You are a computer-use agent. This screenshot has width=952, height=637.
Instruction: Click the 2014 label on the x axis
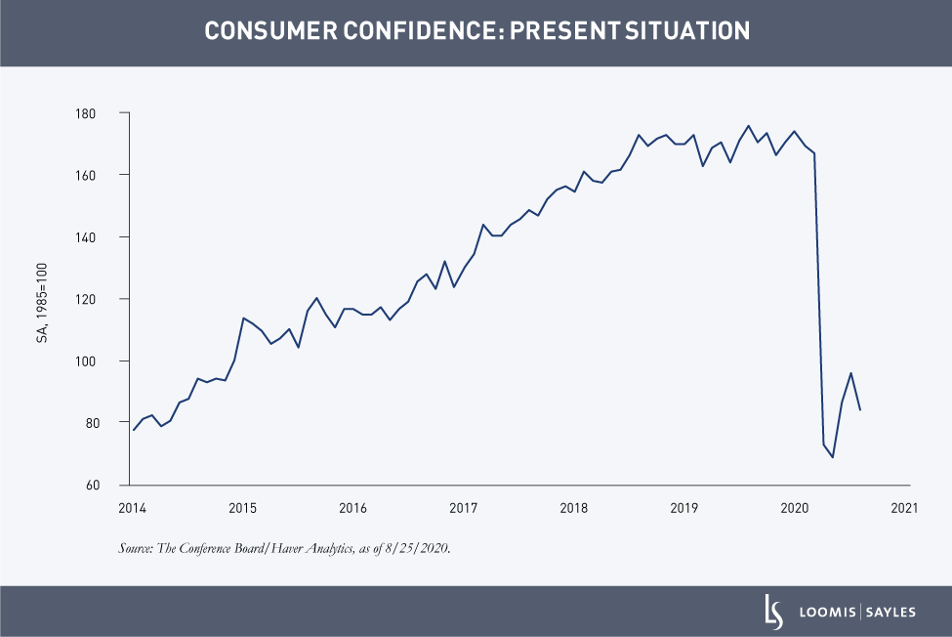[132, 508]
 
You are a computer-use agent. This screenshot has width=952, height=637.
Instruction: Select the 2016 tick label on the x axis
[352, 508]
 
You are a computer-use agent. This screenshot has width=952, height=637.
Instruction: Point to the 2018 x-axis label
[573, 508]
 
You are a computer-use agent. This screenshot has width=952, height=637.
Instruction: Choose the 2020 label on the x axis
[794, 508]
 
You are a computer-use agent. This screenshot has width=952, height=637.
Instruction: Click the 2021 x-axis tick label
[903, 508]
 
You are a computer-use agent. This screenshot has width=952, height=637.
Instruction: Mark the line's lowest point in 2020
[833, 457]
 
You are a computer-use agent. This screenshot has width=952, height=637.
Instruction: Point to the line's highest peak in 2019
[748, 126]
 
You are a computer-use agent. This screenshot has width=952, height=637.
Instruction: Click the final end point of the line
[860, 410]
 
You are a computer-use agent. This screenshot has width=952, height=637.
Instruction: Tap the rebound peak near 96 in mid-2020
[851, 373]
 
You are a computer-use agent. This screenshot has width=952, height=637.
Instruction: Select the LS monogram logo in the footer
[773, 612]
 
